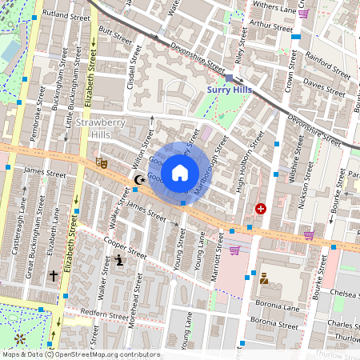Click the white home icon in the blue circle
point(180,172)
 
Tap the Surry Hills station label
point(230,90)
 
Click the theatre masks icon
point(102,162)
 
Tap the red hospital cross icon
point(260,208)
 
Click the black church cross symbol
point(54,275)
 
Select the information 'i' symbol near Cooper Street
point(120,260)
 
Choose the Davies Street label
point(325,83)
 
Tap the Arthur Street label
point(272,25)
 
